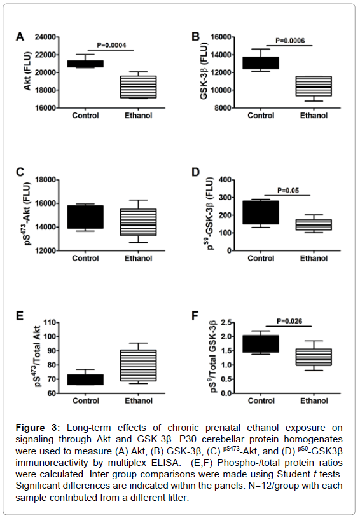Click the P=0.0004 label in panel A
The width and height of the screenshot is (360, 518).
click(111, 45)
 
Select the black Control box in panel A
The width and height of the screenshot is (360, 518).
click(85, 64)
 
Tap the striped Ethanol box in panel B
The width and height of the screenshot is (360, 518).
click(314, 86)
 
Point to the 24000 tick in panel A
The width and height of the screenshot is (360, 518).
click(45, 37)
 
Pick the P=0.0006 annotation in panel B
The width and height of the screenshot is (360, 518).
click(290, 41)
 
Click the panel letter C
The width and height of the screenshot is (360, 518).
click(20, 172)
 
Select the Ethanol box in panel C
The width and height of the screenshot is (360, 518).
click(138, 222)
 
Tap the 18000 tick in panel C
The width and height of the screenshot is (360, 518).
click(45, 180)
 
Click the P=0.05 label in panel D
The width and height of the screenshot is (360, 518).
click(288, 191)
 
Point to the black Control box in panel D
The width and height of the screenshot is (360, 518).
click(261, 212)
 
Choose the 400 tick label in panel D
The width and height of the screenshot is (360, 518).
click(225, 180)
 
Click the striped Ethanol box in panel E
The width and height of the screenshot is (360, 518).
click(138, 365)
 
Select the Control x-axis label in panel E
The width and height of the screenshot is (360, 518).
click(86, 400)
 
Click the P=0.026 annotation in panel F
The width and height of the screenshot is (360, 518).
click(289, 321)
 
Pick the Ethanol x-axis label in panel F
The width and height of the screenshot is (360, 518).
click(314, 400)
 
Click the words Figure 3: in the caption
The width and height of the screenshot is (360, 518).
click(38, 428)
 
